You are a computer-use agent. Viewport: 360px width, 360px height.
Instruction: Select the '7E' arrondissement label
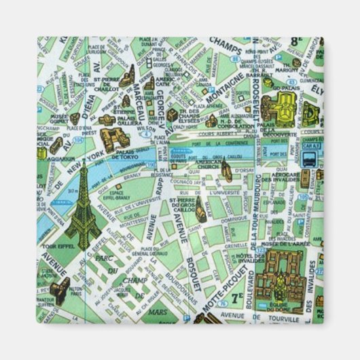236,297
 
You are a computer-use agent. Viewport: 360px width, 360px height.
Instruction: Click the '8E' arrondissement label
297,42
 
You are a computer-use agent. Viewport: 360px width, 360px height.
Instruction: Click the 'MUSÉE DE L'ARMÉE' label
285,243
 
